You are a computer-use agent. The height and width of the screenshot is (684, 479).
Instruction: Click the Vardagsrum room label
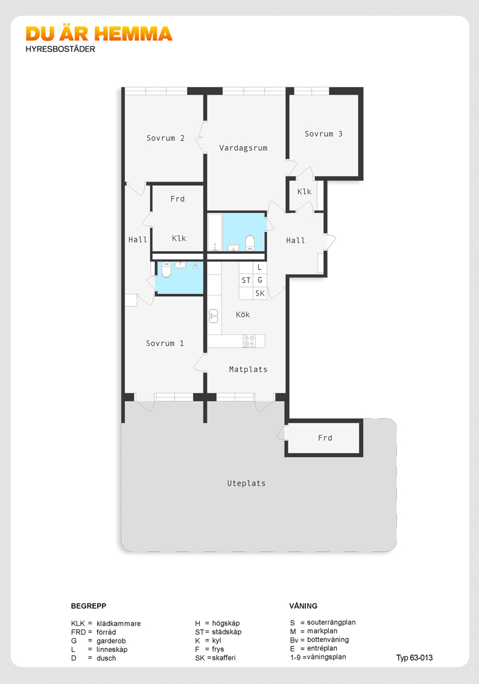[x=243, y=148]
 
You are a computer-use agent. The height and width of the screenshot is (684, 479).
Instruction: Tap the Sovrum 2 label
[x=165, y=138]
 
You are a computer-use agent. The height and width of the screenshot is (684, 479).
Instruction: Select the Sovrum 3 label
[x=323, y=134]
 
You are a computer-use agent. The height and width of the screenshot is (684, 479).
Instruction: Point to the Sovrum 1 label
[x=165, y=343]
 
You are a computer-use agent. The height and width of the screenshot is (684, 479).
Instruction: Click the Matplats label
[x=248, y=370]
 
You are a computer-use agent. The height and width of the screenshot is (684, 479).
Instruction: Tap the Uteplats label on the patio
[x=246, y=483]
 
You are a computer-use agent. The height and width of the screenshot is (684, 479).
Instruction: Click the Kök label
[x=243, y=314]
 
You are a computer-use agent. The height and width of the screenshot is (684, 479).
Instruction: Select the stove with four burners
[x=249, y=341]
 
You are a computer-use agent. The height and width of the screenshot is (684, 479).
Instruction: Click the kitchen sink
[x=214, y=316]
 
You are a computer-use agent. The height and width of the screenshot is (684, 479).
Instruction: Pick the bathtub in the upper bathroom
[x=215, y=232]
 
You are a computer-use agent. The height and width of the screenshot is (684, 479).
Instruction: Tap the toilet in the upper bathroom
[x=250, y=243]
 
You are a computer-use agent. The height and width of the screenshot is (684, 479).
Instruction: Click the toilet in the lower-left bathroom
[x=167, y=270]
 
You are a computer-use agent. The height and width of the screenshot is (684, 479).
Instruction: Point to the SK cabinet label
[x=260, y=294]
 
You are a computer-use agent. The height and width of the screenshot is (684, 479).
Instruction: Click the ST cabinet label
[x=246, y=280]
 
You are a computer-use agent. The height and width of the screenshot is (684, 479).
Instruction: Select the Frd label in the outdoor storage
[x=325, y=438]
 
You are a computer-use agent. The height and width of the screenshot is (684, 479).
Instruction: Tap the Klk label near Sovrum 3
[x=304, y=191]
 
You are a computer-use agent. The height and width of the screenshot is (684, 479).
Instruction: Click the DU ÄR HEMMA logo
[x=99, y=34]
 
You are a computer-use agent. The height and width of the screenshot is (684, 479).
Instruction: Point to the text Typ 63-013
[x=414, y=658]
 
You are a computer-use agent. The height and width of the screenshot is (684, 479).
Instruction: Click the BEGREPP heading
[x=89, y=606]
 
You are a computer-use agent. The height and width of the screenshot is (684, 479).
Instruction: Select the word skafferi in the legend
[x=224, y=658]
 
